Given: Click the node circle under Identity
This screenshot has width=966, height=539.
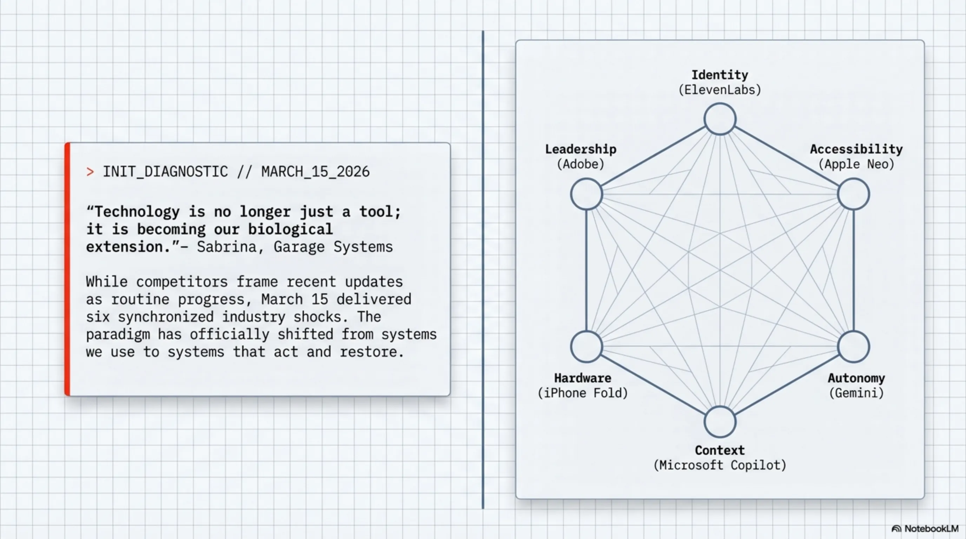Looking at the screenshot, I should [720, 119].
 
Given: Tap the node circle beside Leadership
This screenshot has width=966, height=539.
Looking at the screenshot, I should [587, 194].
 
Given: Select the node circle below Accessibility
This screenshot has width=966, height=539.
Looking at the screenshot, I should [853, 194].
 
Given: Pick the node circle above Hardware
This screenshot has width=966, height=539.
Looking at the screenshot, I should [587, 347].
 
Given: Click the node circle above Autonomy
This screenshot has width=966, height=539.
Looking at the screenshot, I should [853, 347].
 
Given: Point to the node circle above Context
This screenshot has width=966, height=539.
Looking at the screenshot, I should [720, 422].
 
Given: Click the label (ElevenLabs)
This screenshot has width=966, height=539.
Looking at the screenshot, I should [720, 90].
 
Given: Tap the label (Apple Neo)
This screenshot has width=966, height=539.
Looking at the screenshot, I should [856, 164].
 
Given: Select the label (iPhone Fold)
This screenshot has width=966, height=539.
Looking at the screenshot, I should [582, 393].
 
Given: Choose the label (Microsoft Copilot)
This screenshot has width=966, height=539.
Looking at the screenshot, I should [720, 465].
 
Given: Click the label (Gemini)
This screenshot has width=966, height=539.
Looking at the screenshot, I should [856, 393].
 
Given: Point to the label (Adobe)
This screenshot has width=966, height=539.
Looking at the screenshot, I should [581, 164].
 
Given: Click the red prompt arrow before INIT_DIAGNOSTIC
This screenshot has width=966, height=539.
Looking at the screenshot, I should [90, 172].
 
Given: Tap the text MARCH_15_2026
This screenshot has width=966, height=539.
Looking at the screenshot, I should [315, 172].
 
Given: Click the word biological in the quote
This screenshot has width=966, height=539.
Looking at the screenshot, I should [290, 229].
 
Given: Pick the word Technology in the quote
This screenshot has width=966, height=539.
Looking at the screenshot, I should [137, 212].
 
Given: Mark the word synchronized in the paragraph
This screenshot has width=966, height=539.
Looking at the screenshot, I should [165, 317].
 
